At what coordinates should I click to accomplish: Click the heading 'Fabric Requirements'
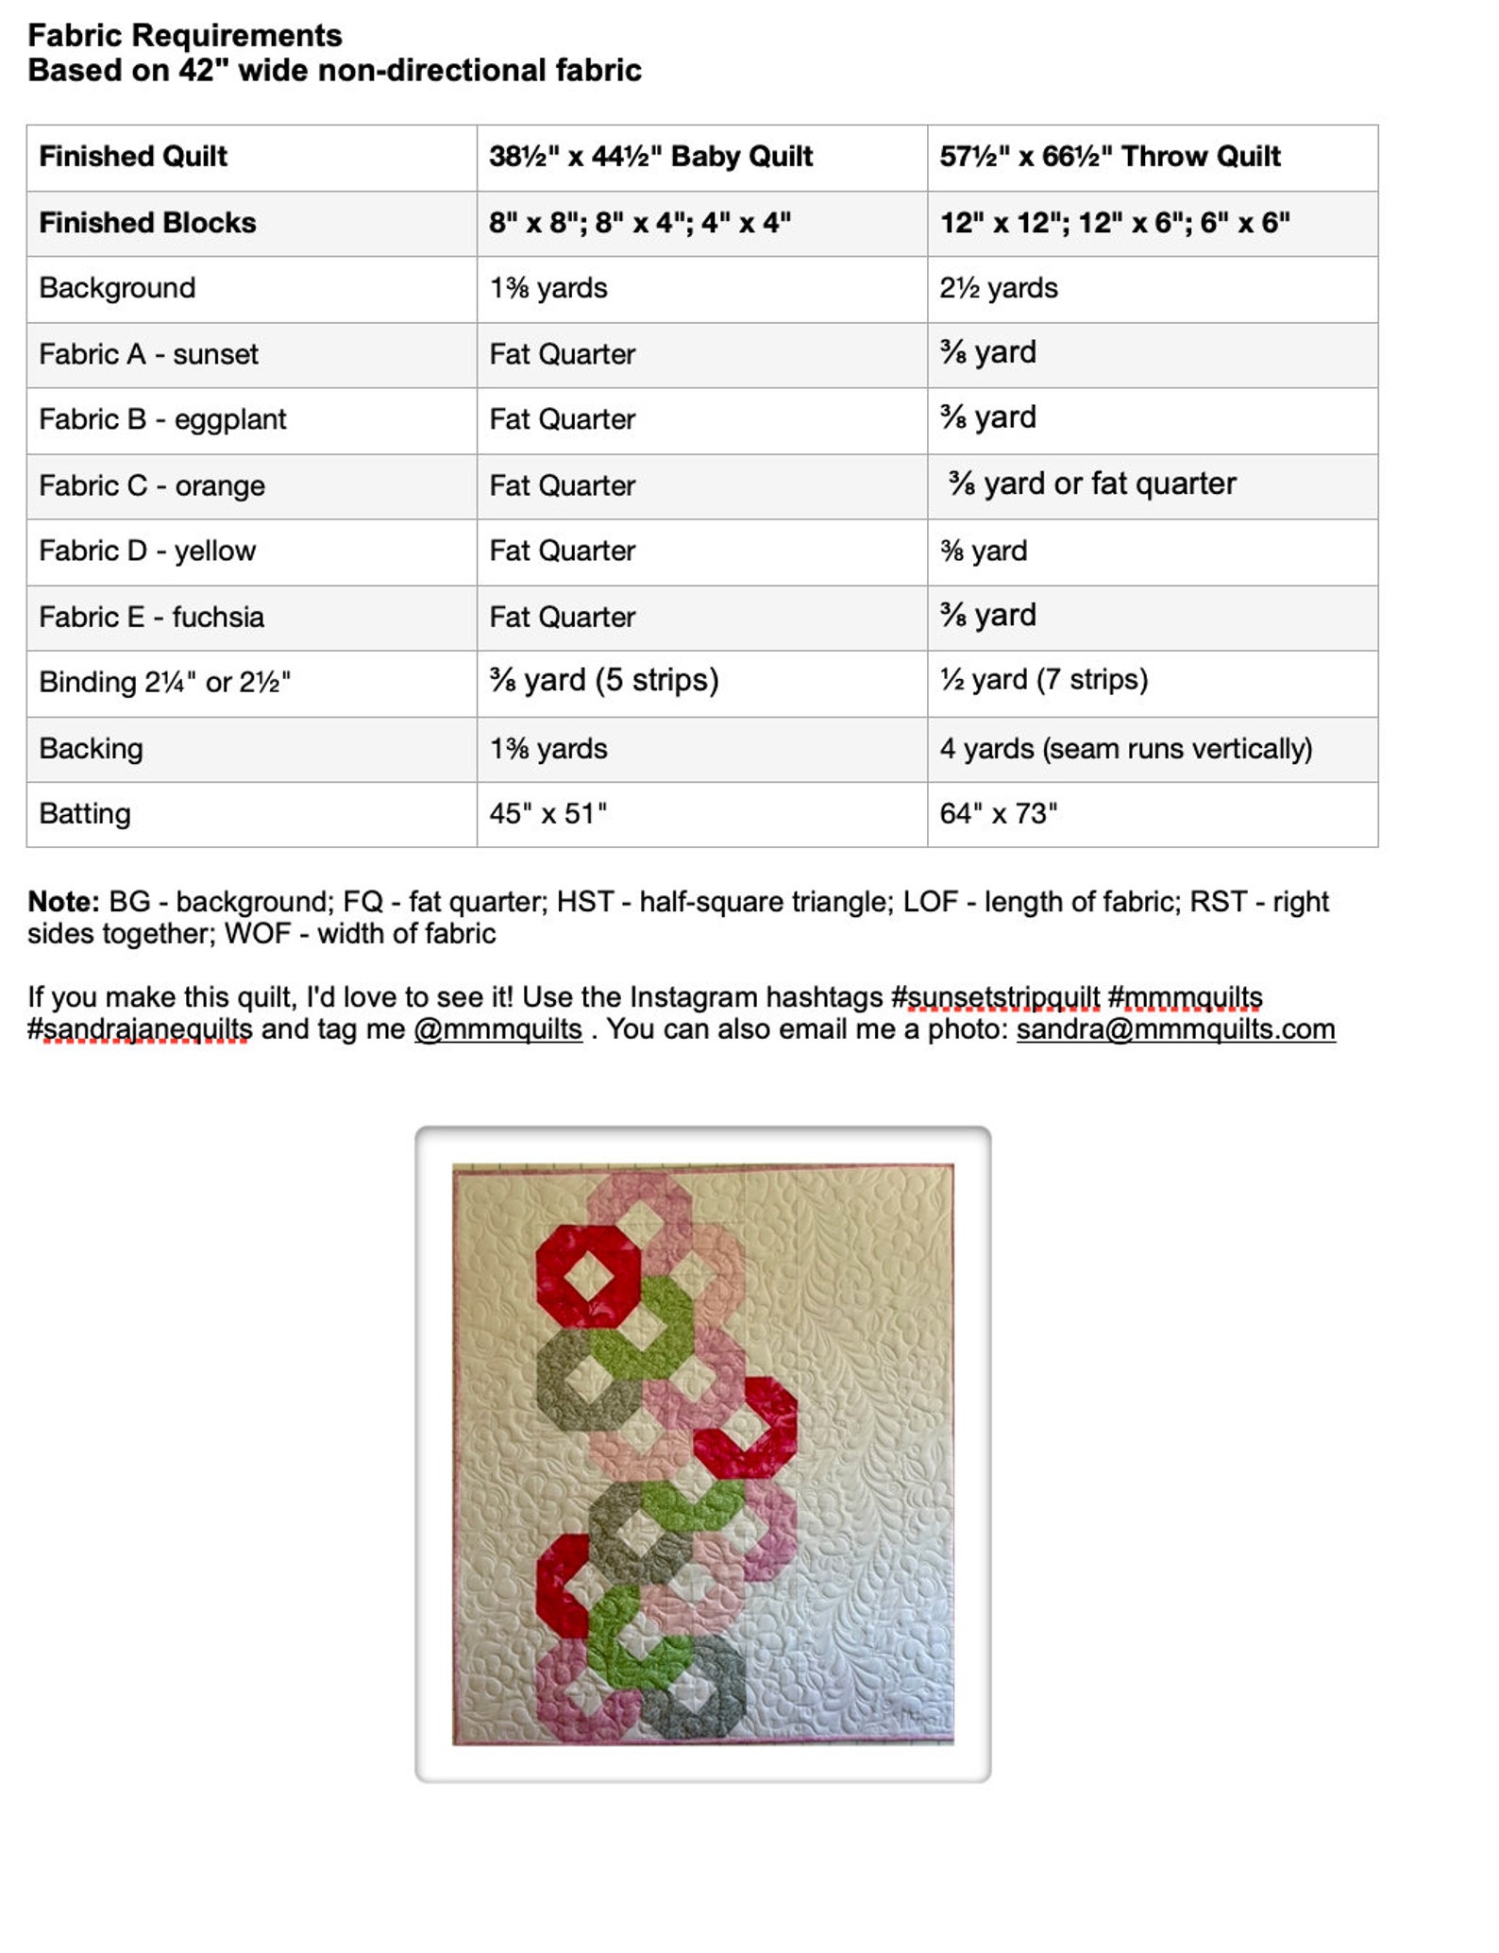click(185, 36)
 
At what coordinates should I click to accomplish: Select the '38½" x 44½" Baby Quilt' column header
click(650, 157)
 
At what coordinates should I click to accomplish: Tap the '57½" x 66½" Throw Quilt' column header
click(1109, 157)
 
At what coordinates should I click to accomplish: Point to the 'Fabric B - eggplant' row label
click(162, 419)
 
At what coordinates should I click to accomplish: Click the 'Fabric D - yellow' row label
click(147, 551)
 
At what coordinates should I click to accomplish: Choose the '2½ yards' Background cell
click(998, 288)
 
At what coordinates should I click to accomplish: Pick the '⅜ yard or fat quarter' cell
click(1092, 484)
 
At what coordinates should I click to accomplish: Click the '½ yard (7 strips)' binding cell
click(1043, 680)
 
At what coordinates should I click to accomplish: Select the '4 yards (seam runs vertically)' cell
click(1125, 749)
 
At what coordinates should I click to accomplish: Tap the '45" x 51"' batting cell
click(547, 813)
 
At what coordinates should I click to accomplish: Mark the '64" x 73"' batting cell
click(998, 813)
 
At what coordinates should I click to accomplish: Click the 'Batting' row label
click(85, 813)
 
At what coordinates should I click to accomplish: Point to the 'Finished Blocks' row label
click(147, 223)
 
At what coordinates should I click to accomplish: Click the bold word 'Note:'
click(63, 902)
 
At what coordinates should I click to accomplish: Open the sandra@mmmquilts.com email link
click(1175, 1029)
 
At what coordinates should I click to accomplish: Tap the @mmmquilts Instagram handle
click(497, 1029)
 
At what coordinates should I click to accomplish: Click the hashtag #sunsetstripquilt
click(995, 997)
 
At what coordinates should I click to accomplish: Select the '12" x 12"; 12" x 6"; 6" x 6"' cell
click(1114, 223)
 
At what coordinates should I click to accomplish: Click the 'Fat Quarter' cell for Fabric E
click(562, 617)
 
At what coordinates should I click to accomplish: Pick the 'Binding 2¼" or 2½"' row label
click(164, 682)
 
